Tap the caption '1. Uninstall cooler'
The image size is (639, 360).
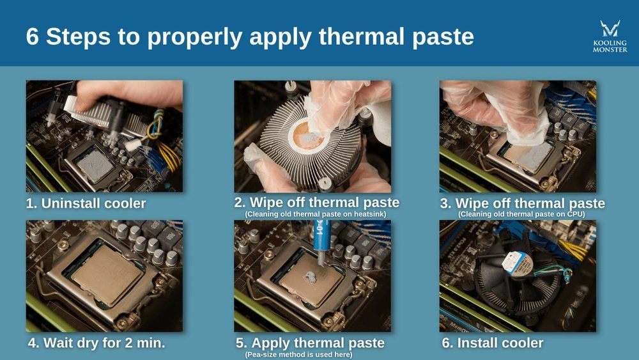pyautogui.click(x=86, y=204)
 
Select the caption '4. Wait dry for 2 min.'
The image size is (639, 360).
pyautogui.click(x=96, y=343)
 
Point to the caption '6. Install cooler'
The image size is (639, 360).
pyautogui.click(x=492, y=343)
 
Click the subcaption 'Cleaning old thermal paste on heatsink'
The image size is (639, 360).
pyautogui.click(x=316, y=214)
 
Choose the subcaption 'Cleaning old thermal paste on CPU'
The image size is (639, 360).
pyautogui.click(x=521, y=214)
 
